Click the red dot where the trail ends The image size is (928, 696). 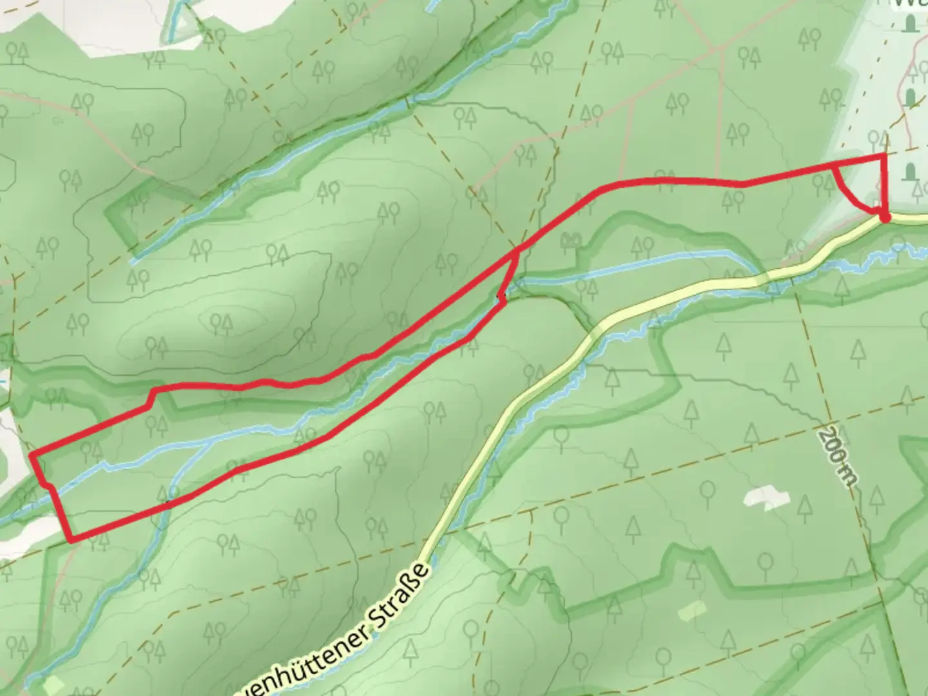[x=885, y=218]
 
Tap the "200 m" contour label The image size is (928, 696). [x=837, y=458]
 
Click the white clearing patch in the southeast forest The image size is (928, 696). [x=766, y=498]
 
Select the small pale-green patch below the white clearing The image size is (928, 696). [x=691, y=610]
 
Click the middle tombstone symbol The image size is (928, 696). [x=911, y=98]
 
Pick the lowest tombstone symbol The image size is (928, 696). [x=911, y=172]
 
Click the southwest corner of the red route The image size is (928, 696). [x=70, y=538]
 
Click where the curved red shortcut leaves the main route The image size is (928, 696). [x=834, y=166]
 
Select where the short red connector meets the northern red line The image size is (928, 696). [x=517, y=251]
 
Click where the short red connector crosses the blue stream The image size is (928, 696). [x=507, y=289]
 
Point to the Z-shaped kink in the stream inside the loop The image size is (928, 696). [x=106, y=465]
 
